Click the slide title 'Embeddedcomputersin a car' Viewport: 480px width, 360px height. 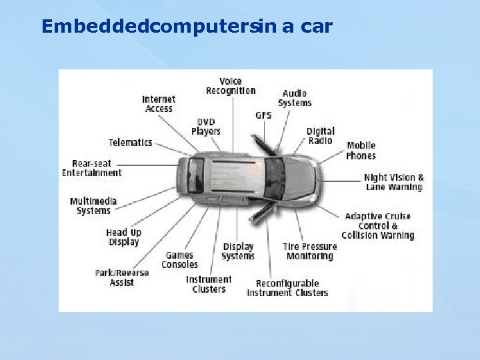[187, 27]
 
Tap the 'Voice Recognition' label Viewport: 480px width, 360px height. [231, 86]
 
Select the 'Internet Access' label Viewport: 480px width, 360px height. [159, 104]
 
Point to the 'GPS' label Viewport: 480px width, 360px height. [263, 115]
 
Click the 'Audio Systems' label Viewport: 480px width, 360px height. [295, 99]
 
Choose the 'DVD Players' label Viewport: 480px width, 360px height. [205, 127]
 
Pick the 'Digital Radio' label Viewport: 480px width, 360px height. [321, 136]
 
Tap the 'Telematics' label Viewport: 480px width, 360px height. [131, 143]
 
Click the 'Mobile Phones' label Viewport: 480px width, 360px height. [361, 151]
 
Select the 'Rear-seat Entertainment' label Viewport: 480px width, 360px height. [92, 168]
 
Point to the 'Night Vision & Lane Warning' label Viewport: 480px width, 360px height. [394, 183]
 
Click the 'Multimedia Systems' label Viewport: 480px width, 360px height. [93, 206]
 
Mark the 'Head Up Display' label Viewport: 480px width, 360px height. [124, 237]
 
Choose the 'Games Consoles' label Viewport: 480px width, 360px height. [181, 260]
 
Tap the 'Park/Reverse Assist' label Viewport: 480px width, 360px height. [122, 278]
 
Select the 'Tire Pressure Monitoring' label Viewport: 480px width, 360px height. [309, 251]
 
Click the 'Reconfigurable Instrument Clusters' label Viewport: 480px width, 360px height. [287, 288]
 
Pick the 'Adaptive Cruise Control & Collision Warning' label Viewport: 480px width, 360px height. [378, 226]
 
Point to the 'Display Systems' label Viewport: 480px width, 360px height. [238, 251]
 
